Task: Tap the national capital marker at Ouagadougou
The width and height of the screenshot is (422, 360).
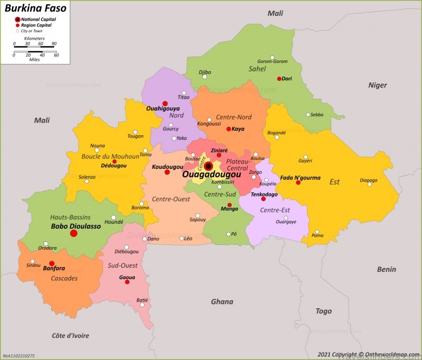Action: (208, 166)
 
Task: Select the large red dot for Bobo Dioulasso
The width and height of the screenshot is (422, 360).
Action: (74, 233)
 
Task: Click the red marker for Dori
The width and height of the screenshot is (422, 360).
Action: (279, 79)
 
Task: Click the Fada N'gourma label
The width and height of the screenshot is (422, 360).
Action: (300, 177)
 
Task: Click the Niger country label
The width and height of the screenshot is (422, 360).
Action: (377, 85)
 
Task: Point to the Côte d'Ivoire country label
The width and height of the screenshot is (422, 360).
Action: (70, 336)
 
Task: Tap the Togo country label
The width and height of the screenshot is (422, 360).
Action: (323, 311)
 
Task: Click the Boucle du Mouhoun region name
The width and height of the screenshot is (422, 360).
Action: (110, 156)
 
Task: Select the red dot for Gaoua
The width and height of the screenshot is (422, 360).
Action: (127, 282)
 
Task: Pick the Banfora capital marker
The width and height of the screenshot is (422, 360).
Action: (52, 263)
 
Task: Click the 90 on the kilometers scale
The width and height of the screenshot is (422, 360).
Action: (54, 43)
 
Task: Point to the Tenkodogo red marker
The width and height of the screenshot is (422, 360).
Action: (263, 199)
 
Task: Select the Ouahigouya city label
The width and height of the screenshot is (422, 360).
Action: (163, 109)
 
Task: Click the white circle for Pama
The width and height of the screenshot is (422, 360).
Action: (317, 231)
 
